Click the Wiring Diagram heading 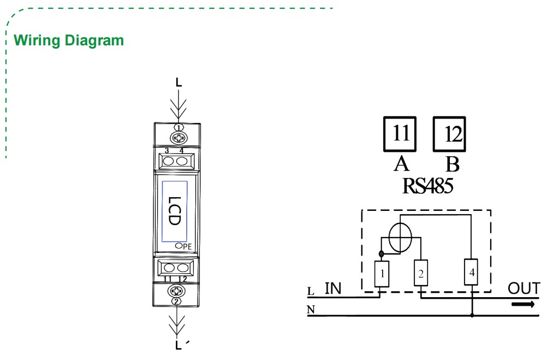pyautogui.click(x=69, y=40)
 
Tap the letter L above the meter pyautogui.click(x=179, y=82)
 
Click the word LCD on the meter pyautogui.click(x=174, y=211)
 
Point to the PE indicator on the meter pyautogui.click(x=183, y=246)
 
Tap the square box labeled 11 pyautogui.click(x=400, y=134)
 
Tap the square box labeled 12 pyautogui.click(x=450, y=134)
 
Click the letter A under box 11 pyautogui.click(x=401, y=163)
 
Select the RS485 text pyautogui.click(x=427, y=186)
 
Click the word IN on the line pyautogui.click(x=332, y=288)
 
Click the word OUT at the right pyautogui.click(x=524, y=288)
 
